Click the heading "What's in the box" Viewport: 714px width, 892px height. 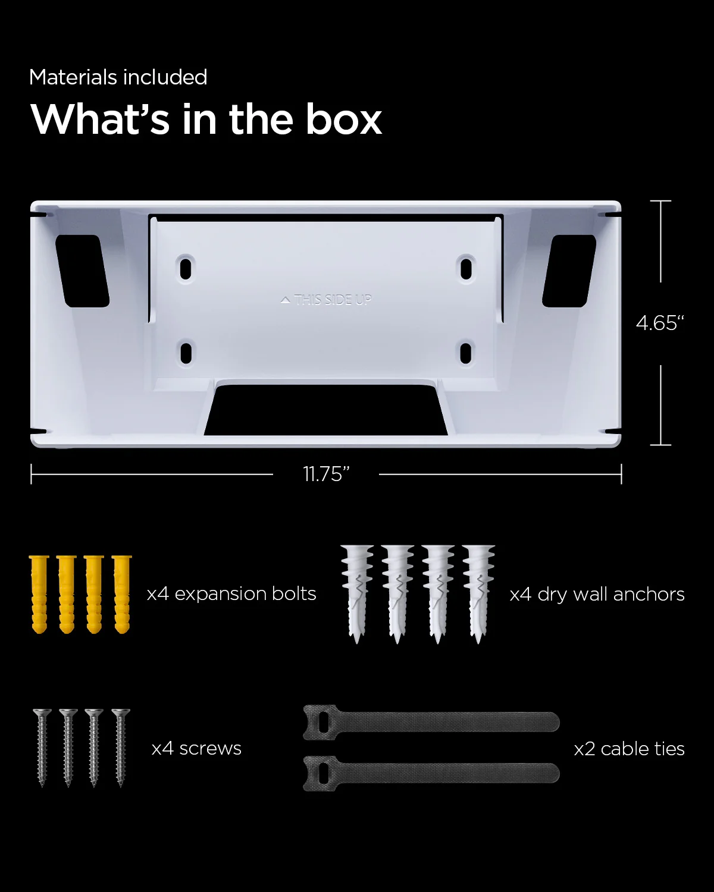click(x=206, y=119)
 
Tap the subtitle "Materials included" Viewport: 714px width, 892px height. click(x=118, y=77)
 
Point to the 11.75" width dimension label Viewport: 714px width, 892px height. click(x=326, y=474)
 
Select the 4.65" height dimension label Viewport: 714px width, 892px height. click(x=660, y=323)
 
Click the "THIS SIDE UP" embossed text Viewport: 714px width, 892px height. click(x=327, y=300)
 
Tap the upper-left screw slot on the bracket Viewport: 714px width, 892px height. click(x=186, y=268)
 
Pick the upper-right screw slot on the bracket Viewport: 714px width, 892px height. click(x=466, y=268)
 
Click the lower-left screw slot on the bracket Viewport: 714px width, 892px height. click(x=186, y=353)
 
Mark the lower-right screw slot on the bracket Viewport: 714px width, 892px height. click(x=466, y=352)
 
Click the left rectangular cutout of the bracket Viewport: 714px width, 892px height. click(x=82, y=271)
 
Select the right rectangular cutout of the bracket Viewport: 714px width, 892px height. click(x=569, y=271)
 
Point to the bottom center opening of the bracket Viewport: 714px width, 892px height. click(x=325, y=410)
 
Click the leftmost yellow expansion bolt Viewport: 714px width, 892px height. click(x=39, y=593)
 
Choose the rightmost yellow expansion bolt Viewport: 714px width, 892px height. click(x=122, y=593)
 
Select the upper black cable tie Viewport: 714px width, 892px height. click(x=431, y=722)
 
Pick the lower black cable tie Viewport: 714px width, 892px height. click(x=431, y=773)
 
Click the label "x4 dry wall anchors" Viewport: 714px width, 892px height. click(x=597, y=594)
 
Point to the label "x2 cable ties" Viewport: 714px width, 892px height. click(x=629, y=748)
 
